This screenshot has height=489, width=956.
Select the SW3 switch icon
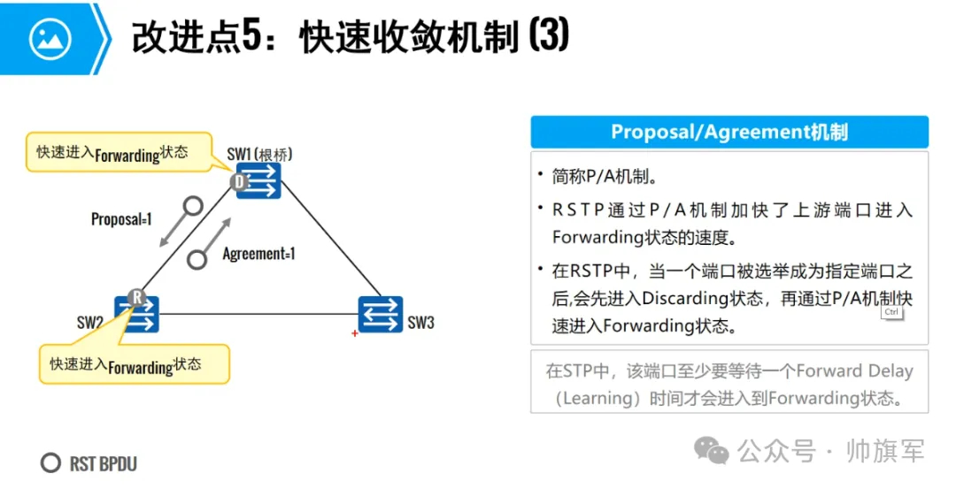pyautogui.click(x=381, y=314)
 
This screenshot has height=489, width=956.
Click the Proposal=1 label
pyautogui.click(x=121, y=218)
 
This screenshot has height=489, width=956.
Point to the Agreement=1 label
pyautogui.click(x=258, y=254)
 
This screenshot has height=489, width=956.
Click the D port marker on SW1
pyautogui.click(x=239, y=182)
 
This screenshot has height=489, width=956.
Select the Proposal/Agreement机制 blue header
pyautogui.click(x=729, y=132)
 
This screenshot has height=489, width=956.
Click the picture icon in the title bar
pyautogui.click(x=50, y=37)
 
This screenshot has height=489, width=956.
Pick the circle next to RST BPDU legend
pyautogui.click(x=51, y=463)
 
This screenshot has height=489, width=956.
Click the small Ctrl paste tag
pyautogui.click(x=890, y=312)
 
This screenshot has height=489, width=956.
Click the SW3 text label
pyautogui.click(x=420, y=323)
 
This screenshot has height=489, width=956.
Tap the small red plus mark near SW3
pyautogui.click(x=355, y=333)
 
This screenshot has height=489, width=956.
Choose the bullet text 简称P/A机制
pyautogui.click(x=605, y=177)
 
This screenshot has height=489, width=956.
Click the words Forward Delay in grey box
pyautogui.click(x=855, y=371)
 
